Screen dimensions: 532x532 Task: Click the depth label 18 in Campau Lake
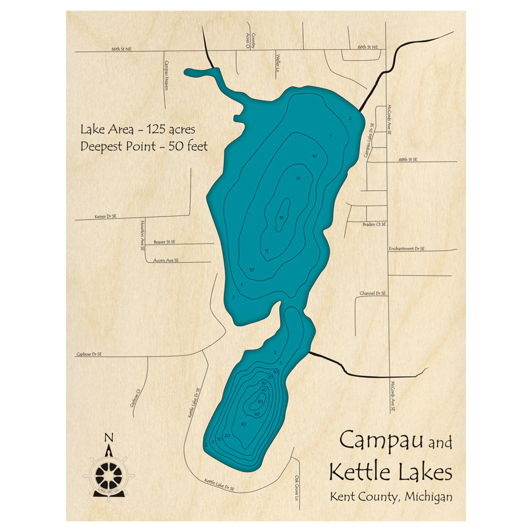[x=280, y=217]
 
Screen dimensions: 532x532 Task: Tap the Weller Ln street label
[x=277, y=62]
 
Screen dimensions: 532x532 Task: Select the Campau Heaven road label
[x=165, y=74]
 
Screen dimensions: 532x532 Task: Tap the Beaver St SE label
[x=164, y=242]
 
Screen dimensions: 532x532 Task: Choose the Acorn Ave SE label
[x=165, y=260]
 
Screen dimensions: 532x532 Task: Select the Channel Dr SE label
[x=373, y=293]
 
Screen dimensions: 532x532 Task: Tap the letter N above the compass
[x=109, y=438]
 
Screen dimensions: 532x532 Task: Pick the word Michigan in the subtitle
[x=428, y=497]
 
